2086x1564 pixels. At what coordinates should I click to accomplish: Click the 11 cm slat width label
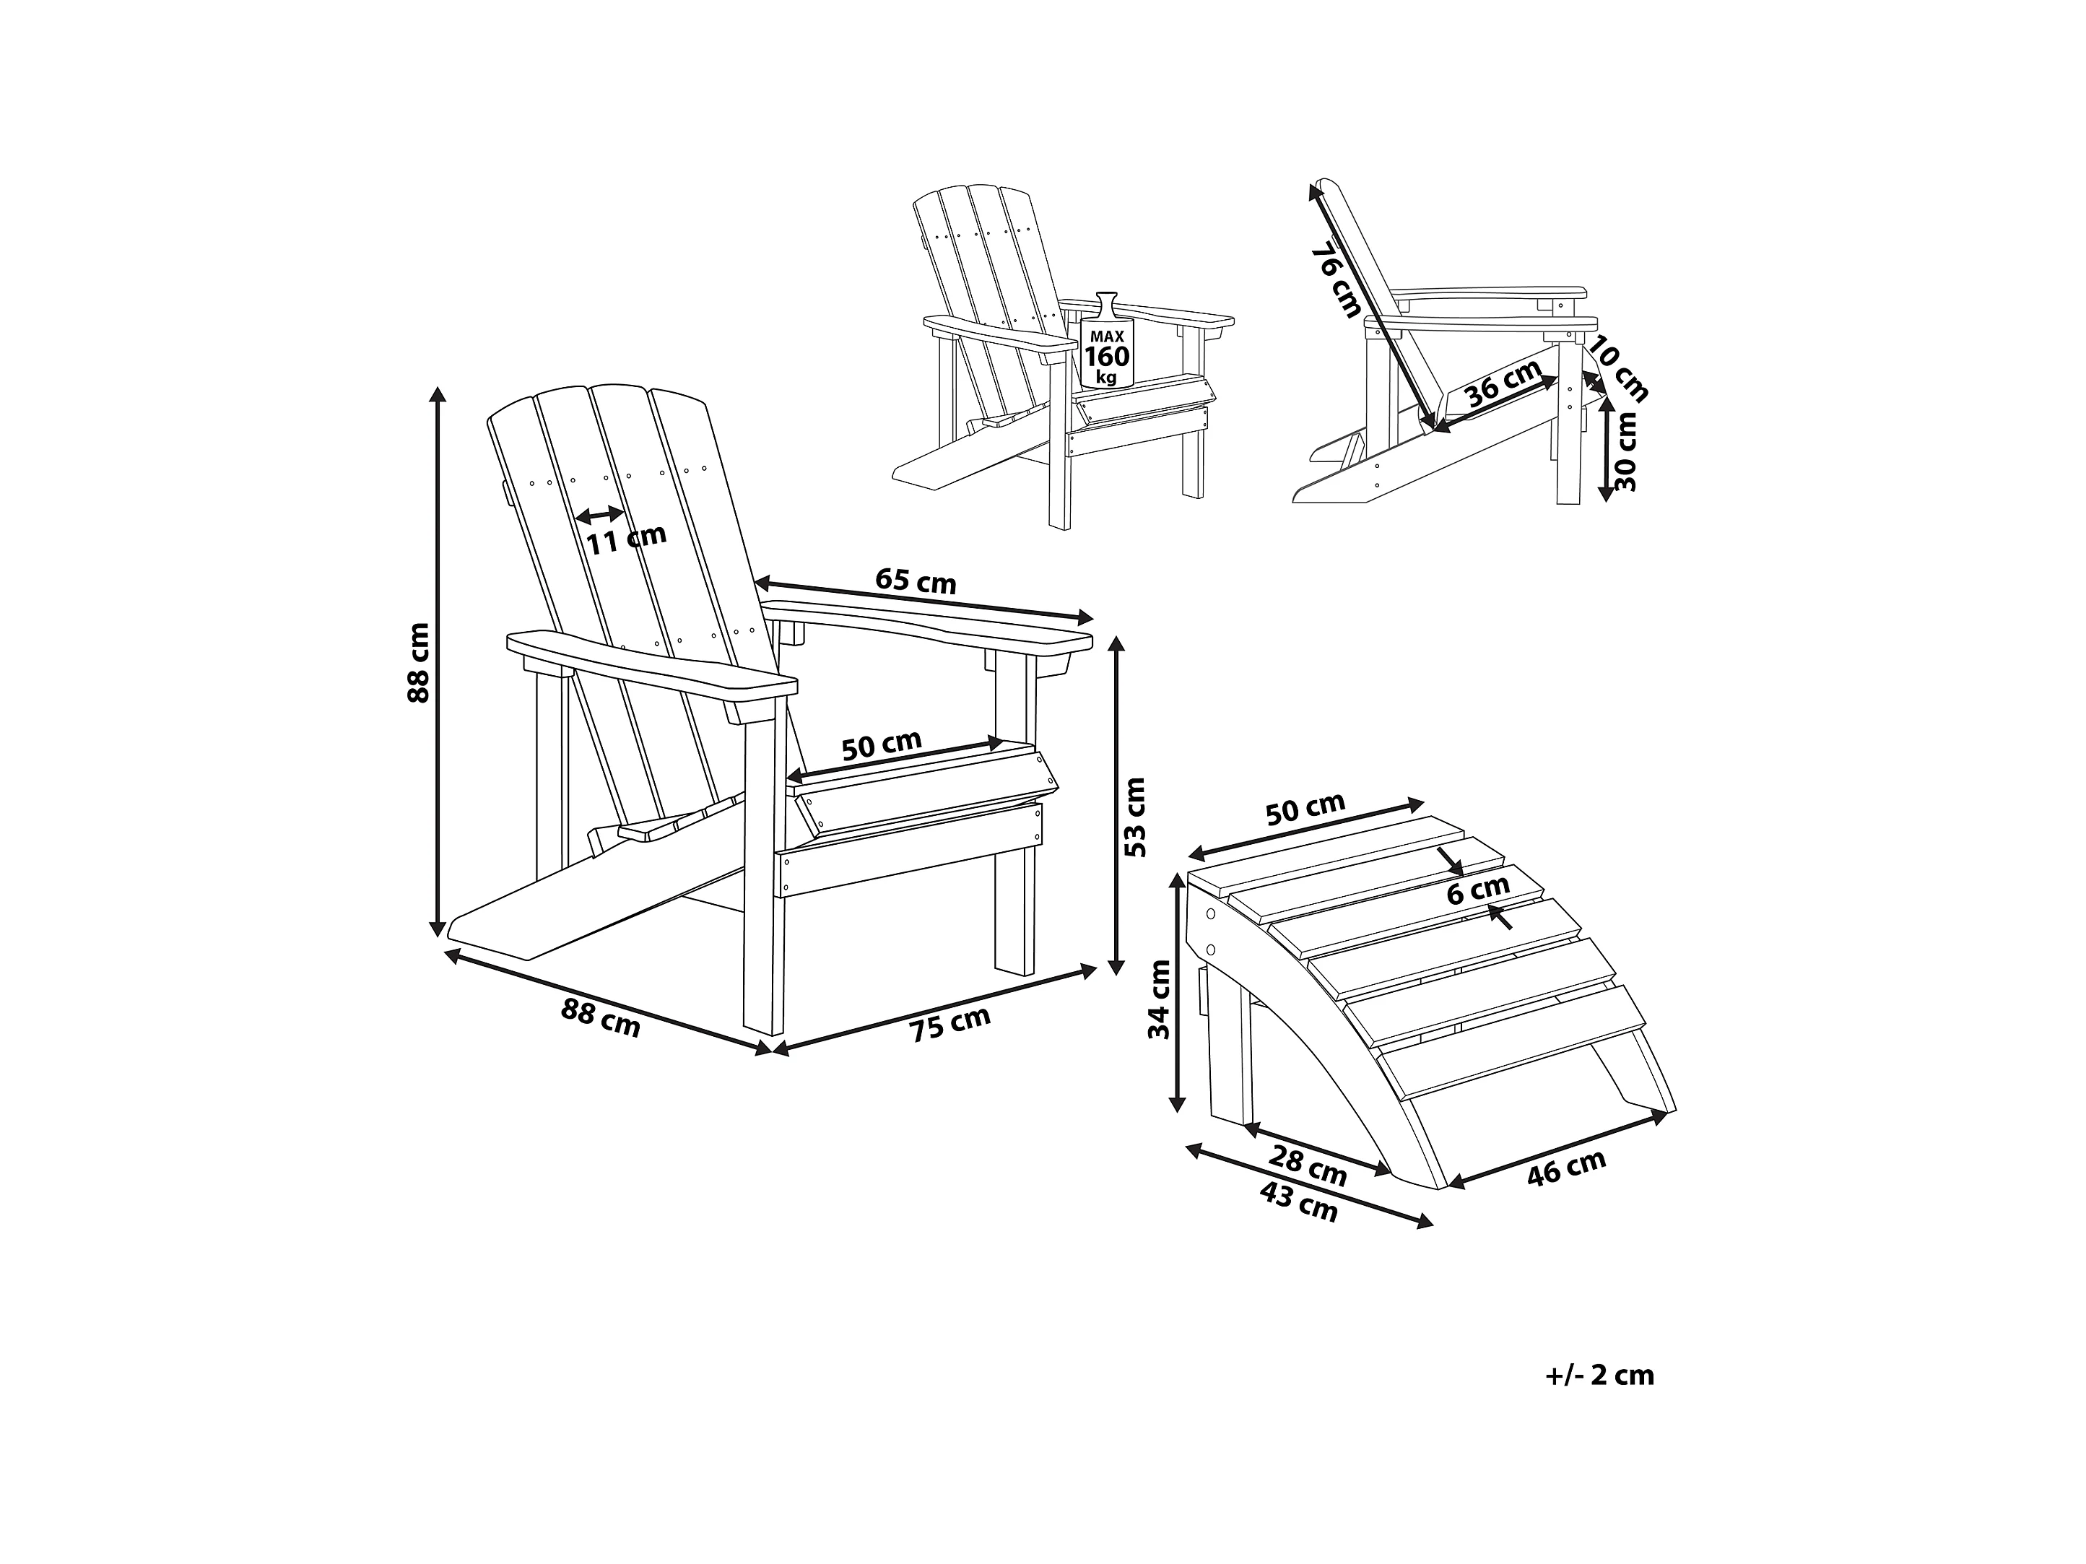[x=625, y=539]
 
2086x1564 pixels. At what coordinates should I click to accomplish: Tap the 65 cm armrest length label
[x=916, y=581]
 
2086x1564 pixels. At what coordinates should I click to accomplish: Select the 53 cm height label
[x=1137, y=817]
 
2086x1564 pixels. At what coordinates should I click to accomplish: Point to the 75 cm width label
[x=951, y=1023]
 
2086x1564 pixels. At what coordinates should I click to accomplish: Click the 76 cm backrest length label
[x=1337, y=279]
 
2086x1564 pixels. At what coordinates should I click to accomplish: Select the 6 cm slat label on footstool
[x=1478, y=890]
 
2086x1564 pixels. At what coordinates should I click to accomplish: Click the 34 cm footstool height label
[x=1159, y=999]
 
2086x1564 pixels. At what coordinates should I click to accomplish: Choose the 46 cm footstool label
[x=1565, y=1168]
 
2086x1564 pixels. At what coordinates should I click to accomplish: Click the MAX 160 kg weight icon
[x=1106, y=342]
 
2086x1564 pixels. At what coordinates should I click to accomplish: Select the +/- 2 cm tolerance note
[x=1599, y=1376]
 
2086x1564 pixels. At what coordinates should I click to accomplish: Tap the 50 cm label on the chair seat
[x=881, y=745]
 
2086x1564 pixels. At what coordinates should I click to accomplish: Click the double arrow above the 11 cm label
[x=601, y=515]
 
